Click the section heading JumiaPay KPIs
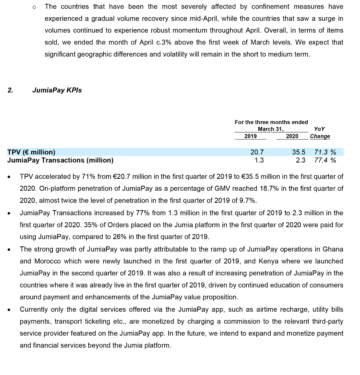click(x=57, y=90)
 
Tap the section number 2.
click(x=10, y=90)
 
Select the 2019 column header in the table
click(x=250, y=136)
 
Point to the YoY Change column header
click(x=320, y=133)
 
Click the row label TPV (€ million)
click(x=31, y=152)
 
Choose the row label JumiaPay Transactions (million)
click(x=60, y=160)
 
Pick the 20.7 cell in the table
click(x=257, y=152)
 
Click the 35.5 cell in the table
click(x=299, y=152)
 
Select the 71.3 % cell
click(x=325, y=152)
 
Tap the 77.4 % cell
click(x=325, y=160)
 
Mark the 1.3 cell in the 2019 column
click(x=259, y=160)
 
